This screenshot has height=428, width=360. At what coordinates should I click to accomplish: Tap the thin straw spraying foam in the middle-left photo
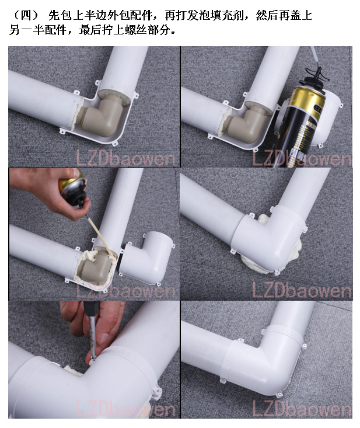99,235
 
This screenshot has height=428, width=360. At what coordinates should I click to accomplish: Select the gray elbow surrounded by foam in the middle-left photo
93,266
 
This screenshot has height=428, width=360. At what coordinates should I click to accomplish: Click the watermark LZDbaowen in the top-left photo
125,158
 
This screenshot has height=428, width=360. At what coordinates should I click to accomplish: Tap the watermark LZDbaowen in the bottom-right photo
302,409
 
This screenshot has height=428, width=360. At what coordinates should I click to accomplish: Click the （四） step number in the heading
26,15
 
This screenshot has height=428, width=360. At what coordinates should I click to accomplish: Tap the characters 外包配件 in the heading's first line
130,15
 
